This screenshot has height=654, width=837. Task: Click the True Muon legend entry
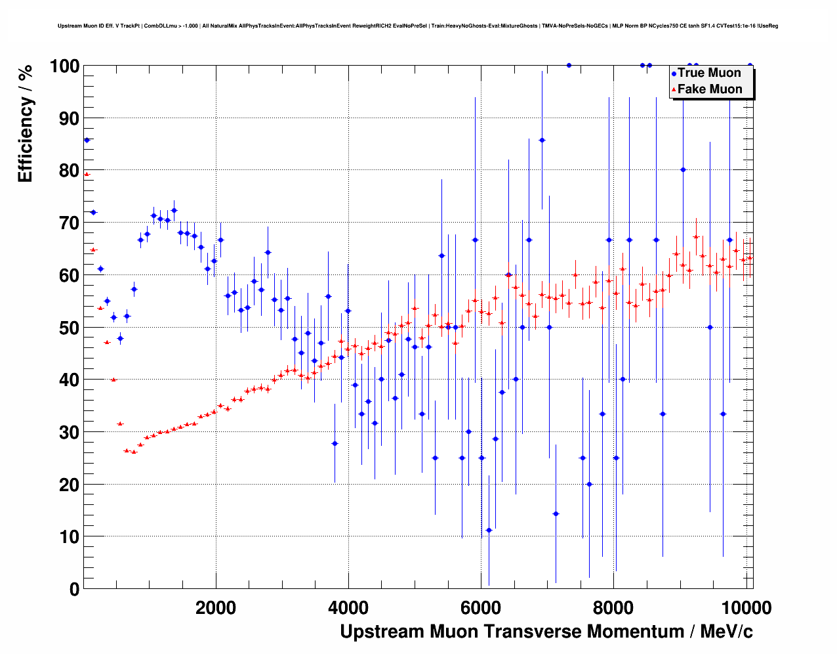tap(708, 73)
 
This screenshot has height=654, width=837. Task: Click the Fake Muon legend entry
tap(709, 89)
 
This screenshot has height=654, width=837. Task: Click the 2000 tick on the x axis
tap(216, 607)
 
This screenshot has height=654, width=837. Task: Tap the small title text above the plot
tap(418, 26)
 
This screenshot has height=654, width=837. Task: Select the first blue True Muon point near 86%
tap(87, 140)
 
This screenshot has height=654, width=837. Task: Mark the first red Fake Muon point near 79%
tap(87, 174)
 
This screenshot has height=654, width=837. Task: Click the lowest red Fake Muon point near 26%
tap(134, 452)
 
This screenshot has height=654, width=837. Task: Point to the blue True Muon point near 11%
tap(489, 530)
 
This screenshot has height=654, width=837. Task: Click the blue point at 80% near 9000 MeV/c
tap(683, 169)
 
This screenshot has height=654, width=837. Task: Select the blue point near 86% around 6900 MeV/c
tap(542, 140)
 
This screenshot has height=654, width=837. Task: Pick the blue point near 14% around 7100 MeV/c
tap(556, 513)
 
